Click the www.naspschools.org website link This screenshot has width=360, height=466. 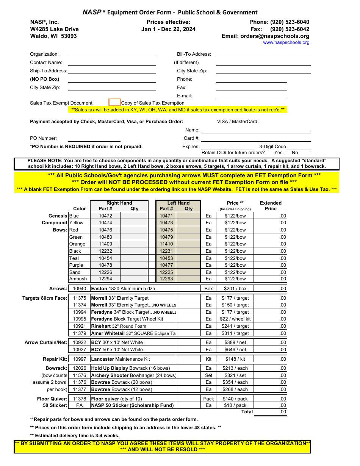pos(286,42)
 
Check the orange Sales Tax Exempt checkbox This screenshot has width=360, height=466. pos(114,102)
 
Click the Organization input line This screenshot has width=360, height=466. pos(112,54)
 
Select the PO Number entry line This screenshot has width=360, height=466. pos(94,138)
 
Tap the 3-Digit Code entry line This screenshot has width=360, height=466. pos(299,147)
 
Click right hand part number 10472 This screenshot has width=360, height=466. pos(105,216)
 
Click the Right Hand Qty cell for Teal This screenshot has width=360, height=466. pos(134,258)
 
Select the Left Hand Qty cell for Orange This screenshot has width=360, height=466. pos(188,244)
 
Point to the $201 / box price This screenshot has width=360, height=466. pos(235,289)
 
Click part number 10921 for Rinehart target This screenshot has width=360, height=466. pos(79,326)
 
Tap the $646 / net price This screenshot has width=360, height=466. pos(235,350)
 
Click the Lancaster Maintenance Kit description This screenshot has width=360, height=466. pos(121,359)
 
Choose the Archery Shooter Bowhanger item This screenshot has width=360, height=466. pos(133,375)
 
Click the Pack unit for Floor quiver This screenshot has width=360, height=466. pos(208,399)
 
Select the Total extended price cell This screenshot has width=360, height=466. pos(270,412)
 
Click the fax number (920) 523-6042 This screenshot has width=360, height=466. pos(290,29)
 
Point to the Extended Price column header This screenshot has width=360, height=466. pos(271,206)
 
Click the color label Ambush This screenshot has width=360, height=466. pos(78,279)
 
